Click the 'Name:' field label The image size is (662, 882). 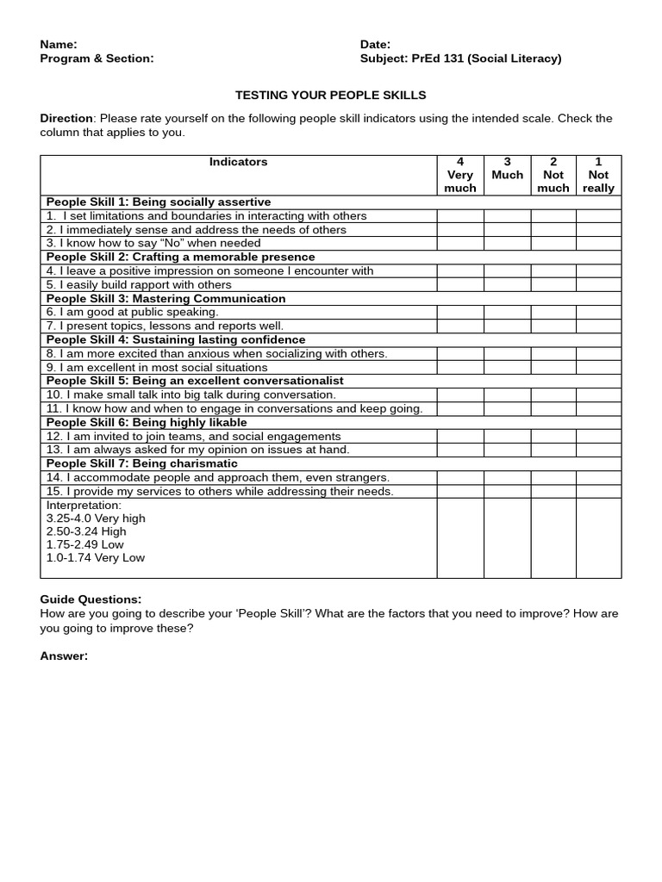[59, 44]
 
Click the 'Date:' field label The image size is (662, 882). [375, 44]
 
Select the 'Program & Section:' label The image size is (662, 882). [97, 59]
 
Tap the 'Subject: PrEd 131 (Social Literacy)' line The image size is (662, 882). [460, 59]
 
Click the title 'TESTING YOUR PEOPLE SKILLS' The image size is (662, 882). [331, 95]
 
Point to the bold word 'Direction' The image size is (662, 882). [66, 118]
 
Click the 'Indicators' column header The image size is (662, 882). [238, 162]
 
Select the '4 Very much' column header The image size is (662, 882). [459, 175]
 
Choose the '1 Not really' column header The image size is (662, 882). [598, 175]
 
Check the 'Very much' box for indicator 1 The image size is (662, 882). [459, 216]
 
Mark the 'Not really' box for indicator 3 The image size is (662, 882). [598, 244]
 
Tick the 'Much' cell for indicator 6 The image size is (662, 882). [507, 313]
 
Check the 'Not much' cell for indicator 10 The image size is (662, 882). [553, 395]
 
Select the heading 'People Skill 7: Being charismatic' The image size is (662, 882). [141, 463]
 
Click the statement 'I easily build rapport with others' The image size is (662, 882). [139, 285]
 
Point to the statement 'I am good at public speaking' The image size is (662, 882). [133, 313]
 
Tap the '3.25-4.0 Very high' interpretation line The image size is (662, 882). [96, 519]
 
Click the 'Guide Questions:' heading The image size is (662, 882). [91, 599]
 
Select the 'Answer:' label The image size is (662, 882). [64, 656]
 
